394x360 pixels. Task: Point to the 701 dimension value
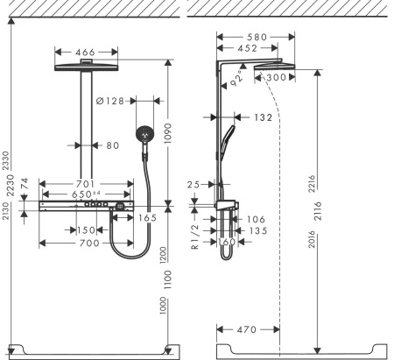85,184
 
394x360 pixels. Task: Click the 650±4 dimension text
85,194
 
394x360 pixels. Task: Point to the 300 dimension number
273,78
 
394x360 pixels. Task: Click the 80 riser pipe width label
111,145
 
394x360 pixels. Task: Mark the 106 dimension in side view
257,219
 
